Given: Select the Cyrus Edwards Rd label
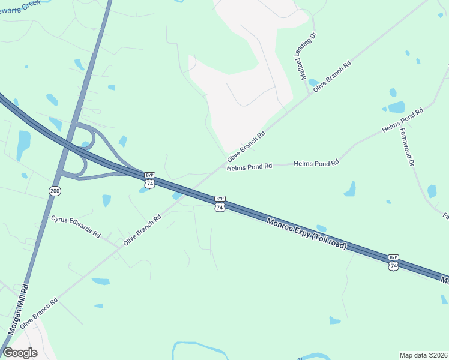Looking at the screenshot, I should pos(76,227).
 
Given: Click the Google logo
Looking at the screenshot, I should pos(20,352).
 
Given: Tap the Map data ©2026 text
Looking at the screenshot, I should pos(423,355).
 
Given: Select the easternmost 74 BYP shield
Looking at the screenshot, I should pos(393,262).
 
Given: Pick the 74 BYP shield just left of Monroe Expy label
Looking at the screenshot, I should pos(220,203).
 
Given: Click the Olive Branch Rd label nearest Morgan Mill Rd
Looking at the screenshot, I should pos(38,313).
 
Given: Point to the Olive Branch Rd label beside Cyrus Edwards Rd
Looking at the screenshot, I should pos(143,230).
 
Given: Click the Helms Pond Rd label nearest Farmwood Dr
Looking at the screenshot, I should pos(403,120).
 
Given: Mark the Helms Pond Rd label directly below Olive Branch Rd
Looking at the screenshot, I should pos(250,166).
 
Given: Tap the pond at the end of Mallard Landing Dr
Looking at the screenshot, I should pos(313,82).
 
